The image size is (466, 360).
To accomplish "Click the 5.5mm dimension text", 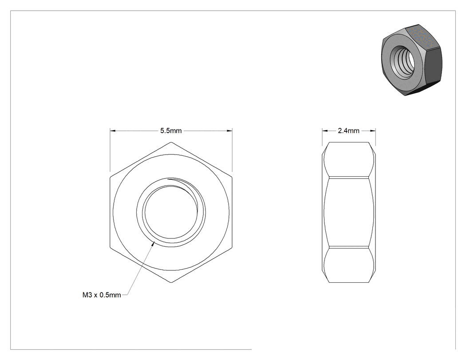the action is tap(171, 131).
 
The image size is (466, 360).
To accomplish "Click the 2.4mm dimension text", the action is tap(348, 131).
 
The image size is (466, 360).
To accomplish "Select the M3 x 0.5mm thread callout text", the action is tap(102, 295).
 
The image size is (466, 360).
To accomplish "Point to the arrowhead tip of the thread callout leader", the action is tap(154, 242).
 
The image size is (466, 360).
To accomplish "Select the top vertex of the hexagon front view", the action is tap(171, 142).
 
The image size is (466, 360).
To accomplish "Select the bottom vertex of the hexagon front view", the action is tap(171, 282).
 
